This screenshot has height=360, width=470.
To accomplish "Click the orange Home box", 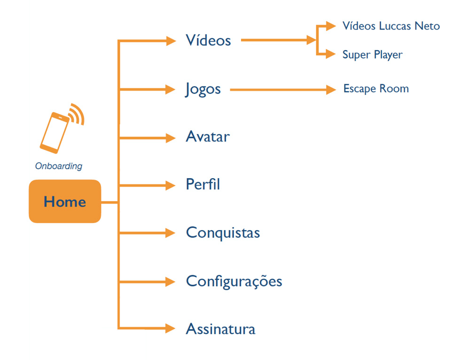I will tap(65, 201).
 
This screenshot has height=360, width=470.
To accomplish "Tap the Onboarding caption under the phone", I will tap(59, 166).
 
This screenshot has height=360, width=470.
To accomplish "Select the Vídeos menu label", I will tap(208, 40).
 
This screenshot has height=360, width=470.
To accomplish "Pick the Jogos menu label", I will tap(203, 89).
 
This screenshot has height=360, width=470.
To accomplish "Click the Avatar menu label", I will tap(208, 137).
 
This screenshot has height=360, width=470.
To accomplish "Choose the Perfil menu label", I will tap(203, 184).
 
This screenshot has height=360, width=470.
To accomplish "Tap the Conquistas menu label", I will tap(223, 233).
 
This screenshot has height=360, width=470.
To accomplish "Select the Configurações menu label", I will tap(234, 281).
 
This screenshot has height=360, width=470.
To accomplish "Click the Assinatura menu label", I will tap(220, 329).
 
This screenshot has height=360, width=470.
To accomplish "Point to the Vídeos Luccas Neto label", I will tap(391, 26).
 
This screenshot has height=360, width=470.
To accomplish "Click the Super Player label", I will tap(372, 55).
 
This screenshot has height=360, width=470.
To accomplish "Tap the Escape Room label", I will tap(376, 89).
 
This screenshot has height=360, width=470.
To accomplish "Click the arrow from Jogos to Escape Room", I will tap(282, 89).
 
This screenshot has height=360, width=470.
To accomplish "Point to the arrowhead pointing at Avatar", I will tap(170, 138).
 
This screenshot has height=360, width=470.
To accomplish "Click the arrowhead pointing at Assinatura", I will tap(170, 329).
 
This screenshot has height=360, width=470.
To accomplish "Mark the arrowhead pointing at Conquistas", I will tap(170, 233).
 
